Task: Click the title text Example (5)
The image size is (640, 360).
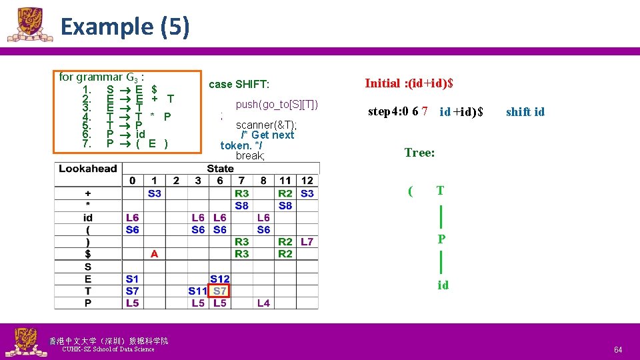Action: coord(125,27)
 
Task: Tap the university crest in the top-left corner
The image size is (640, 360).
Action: coord(29,25)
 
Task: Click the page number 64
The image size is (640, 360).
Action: coord(618,349)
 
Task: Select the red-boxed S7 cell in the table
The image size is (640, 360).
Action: coord(219,291)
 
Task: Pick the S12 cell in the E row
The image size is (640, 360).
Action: coord(219,279)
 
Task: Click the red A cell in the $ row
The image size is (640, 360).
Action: coord(154,254)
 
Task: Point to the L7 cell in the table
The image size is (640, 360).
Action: coord(307,241)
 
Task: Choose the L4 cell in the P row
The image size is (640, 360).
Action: coord(263,303)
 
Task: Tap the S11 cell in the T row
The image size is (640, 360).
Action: coord(198,291)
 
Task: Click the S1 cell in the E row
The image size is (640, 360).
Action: coord(132,279)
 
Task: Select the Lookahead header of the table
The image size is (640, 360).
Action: coord(87,169)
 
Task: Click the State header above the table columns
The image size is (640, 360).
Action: coord(220,169)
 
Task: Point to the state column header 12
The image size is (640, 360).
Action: coord(307,181)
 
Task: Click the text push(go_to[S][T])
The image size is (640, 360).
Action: coord(277,104)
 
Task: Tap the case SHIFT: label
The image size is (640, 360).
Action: coord(239,84)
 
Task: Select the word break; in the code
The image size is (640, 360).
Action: coord(250,155)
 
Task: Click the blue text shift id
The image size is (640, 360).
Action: coord(525,112)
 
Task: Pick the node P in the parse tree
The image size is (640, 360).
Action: coord(441,239)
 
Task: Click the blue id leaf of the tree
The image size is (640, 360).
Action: coord(443,285)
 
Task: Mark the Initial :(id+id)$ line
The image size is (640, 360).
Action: coord(409,83)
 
